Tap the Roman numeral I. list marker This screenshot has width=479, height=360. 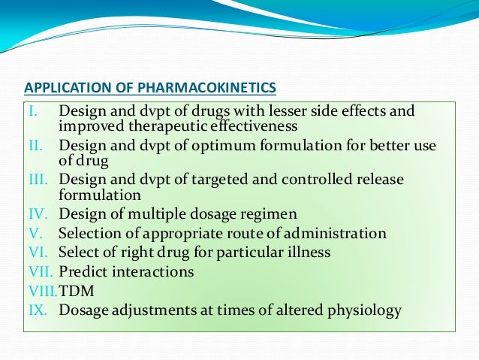(32, 111)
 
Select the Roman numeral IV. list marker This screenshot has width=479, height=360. (35, 214)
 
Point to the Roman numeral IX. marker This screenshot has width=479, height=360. (35, 310)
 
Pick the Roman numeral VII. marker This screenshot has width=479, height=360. (37, 271)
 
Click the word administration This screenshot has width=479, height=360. (340, 233)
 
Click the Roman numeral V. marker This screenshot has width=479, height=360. (34, 233)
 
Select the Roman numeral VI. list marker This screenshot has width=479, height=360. (35, 253)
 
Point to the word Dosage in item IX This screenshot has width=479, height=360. (83, 310)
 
